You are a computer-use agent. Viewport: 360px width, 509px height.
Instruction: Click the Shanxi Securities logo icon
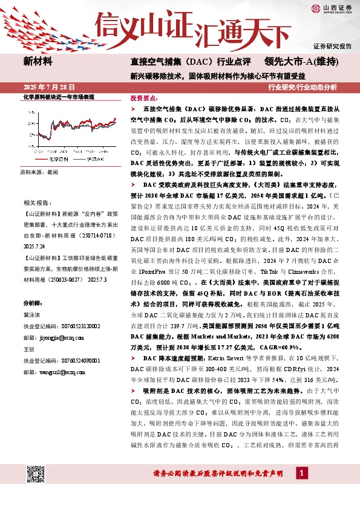coord(316,8)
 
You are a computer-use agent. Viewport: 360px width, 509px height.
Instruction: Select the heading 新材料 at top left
coord(38,61)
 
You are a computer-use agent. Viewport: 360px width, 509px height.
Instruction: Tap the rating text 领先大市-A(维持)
coord(310,62)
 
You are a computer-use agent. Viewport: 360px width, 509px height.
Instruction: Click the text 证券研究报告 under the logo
coord(332,46)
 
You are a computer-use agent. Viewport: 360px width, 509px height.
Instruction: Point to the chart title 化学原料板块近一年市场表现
coord(59,97)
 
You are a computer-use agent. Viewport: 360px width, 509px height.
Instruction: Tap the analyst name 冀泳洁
coord(33,315)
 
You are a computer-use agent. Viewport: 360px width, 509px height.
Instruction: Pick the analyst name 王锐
coord(29,349)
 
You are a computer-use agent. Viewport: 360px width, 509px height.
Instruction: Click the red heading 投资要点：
coord(143,97)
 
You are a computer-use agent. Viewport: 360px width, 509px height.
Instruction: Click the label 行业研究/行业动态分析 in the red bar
coord(311,87)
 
